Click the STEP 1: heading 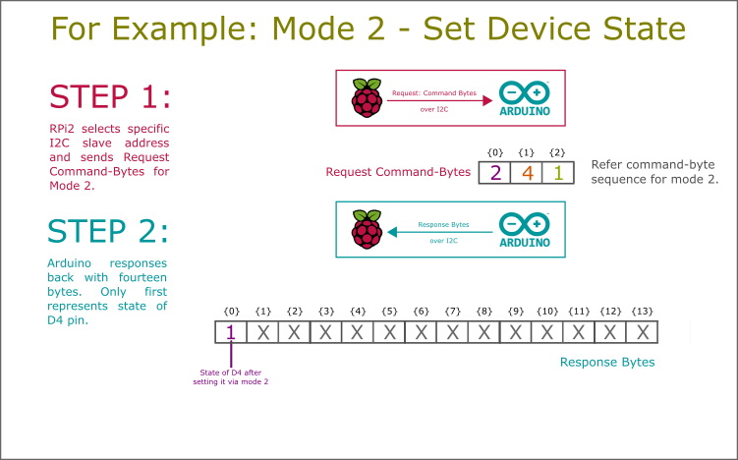click(110, 97)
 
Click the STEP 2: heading click(108, 231)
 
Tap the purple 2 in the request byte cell click(495, 173)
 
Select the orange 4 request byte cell click(527, 173)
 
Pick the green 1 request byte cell click(557, 173)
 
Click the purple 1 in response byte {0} click(231, 332)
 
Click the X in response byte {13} click(643, 332)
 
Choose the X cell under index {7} click(453, 332)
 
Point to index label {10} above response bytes click(547, 311)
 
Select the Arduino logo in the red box click(525, 98)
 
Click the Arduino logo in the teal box click(525, 230)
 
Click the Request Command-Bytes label click(398, 173)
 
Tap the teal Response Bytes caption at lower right click(606, 362)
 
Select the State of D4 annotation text click(231, 376)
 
